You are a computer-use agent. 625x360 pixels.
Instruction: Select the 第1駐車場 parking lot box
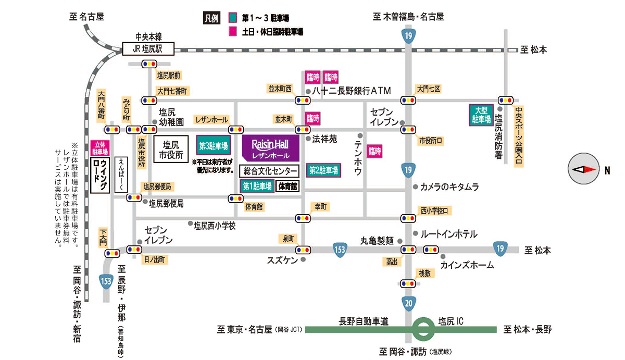(x=257, y=186)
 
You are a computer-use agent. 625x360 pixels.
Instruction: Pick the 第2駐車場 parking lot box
(x=323, y=170)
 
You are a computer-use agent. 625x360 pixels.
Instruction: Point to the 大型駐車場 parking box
(x=480, y=115)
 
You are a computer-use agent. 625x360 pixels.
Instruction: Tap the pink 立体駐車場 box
(x=99, y=148)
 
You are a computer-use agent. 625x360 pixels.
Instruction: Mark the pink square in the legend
(x=232, y=31)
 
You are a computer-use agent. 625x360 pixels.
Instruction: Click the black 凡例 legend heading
(x=210, y=18)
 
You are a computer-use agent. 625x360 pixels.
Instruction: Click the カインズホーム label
(x=467, y=265)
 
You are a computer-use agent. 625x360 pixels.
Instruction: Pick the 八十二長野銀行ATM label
(x=351, y=90)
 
